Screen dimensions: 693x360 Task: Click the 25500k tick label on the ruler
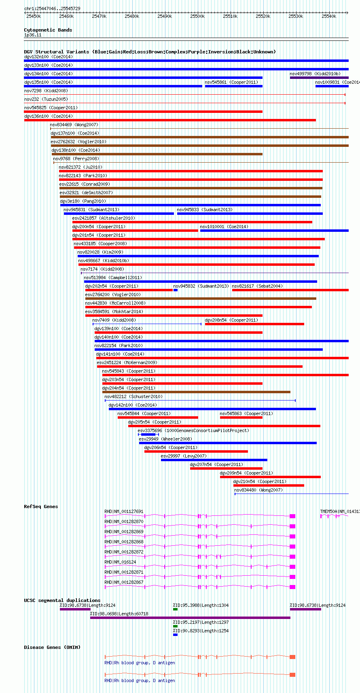click(x=197, y=16)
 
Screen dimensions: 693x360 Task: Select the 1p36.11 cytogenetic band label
click(x=33, y=35)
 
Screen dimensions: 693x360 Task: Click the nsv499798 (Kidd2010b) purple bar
click(x=319, y=78)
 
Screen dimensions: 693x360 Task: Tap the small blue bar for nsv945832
click(x=176, y=290)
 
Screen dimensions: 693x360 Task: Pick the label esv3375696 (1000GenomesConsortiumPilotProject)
click(x=193, y=430)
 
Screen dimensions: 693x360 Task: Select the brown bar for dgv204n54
click(x=196, y=392)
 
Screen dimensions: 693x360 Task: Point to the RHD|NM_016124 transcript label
click(x=120, y=562)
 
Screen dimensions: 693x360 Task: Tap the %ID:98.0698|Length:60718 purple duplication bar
click(x=190, y=618)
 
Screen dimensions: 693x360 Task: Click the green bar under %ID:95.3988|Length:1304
click(x=175, y=609)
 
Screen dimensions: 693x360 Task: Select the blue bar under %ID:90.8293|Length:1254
click(x=175, y=635)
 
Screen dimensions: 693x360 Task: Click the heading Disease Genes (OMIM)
click(x=52, y=647)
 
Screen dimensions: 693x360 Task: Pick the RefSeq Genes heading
click(x=41, y=507)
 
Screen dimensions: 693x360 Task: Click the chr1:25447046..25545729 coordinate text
click(x=52, y=8)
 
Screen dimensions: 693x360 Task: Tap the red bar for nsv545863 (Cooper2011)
click(x=241, y=417)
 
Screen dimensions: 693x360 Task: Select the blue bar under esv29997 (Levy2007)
click(x=214, y=460)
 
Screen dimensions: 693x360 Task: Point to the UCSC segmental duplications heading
click(x=62, y=600)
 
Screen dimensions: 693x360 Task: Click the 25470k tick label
click(x=99, y=16)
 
